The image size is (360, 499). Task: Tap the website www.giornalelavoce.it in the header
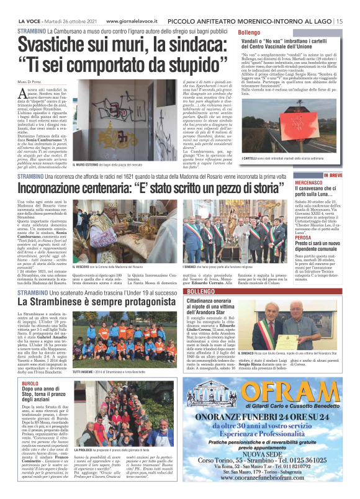[x=130, y=20]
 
